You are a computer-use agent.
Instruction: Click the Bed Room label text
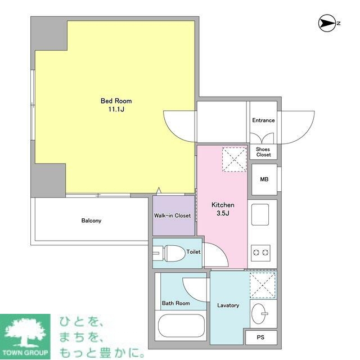point(116,101)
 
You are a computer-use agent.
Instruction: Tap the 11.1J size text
point(116,110)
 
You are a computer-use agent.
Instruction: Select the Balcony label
point(91,220)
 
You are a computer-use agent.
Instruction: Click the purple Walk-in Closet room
point(173,215)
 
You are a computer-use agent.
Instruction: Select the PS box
point(261,337)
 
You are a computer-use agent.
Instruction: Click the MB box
point(263,179)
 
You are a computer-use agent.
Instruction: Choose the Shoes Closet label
point(263,152)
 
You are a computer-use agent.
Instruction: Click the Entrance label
point(263,120)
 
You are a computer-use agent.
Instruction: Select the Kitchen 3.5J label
point(222,209)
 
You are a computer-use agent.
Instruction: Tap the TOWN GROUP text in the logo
point(26,354)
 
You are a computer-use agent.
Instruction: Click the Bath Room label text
point(176,303)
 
